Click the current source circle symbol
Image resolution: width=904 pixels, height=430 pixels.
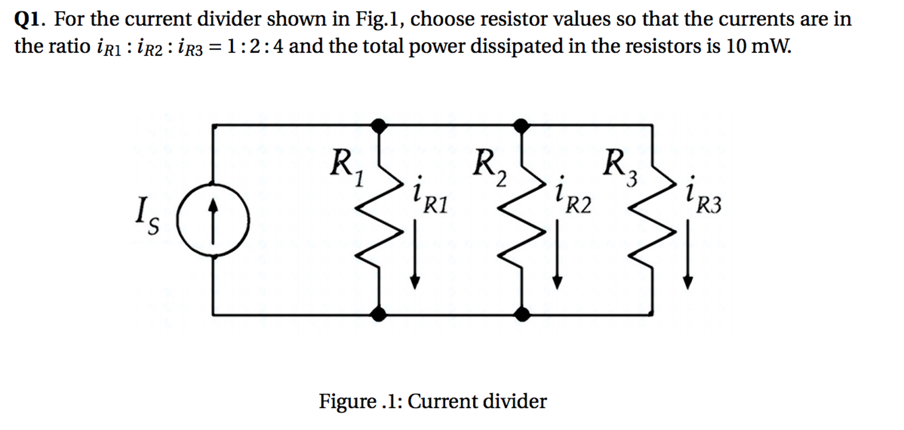(213, 220)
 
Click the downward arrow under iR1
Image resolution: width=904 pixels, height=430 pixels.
(414, 254)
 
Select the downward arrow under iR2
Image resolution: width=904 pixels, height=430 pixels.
(557, 254)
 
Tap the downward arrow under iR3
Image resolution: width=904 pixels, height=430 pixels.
(687, 254)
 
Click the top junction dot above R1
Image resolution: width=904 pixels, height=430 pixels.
(379, 126)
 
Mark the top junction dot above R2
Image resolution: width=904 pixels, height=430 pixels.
(522, 126)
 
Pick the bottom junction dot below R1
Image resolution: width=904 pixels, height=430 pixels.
(379, 314)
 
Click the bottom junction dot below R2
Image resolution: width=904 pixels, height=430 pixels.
(522, 314)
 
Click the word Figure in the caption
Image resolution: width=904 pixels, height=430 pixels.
(347, 401)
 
